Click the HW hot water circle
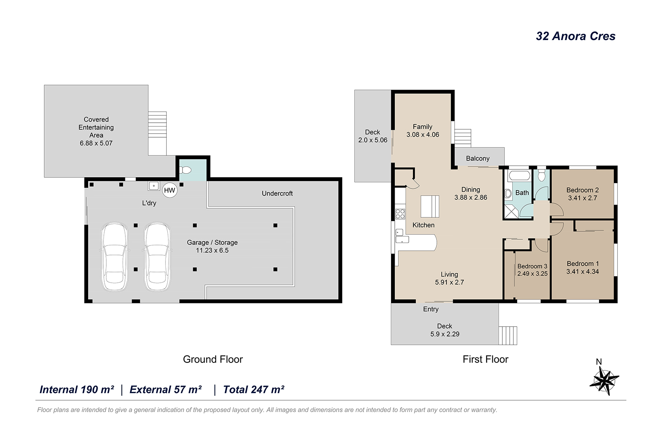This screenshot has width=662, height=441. tap(170, 191)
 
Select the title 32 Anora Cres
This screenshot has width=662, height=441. tap(576, 36)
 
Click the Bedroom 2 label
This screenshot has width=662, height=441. tap(583, 190)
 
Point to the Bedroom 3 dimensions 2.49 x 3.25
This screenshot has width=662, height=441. tap(532, 274)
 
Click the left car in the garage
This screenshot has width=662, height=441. tap(115, 257)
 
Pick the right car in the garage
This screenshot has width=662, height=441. tap(157, 257)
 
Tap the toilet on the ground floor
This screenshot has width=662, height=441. tap(186, 170)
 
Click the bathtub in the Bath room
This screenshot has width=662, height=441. tap(520, 176)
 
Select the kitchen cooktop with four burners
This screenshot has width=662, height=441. tap(400, 214)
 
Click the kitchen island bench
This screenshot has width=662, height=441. tap(430, 206)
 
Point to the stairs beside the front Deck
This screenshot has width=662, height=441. tap(508, 335)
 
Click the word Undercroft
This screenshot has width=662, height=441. tap(277, 193)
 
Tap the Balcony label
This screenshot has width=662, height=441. tap(477, 159)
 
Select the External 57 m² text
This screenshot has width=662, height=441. tap(165, 390)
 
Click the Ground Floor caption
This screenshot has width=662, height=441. tap(213, 359)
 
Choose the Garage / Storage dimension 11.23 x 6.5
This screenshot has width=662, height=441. tap(212, 250)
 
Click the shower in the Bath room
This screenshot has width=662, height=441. tap(511, 212)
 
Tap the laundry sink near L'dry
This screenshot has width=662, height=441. tap(154, 186)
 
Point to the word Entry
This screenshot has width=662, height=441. tap(431, 309)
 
